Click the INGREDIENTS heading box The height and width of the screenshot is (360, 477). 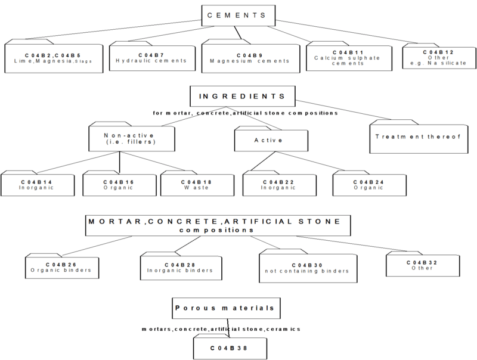(x=244, y=96)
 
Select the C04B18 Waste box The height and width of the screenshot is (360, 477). (x=195, y=185)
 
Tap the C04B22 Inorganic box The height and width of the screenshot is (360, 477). (x=278, y=185)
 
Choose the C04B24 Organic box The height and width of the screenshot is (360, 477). (x=370, y=185)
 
